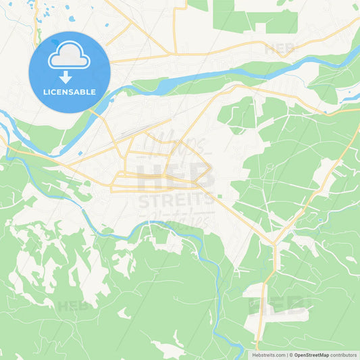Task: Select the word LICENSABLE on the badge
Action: pos(69,92)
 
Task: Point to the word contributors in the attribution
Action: pos(344,355)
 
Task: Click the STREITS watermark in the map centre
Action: pos(176,199)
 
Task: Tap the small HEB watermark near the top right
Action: pos(280,49)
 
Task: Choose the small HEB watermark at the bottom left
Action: pos(73,305)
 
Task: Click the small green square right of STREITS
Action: pos(220,197)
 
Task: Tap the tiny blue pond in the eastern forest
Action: pos(319,220)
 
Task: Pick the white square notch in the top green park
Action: pos(260,28)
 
